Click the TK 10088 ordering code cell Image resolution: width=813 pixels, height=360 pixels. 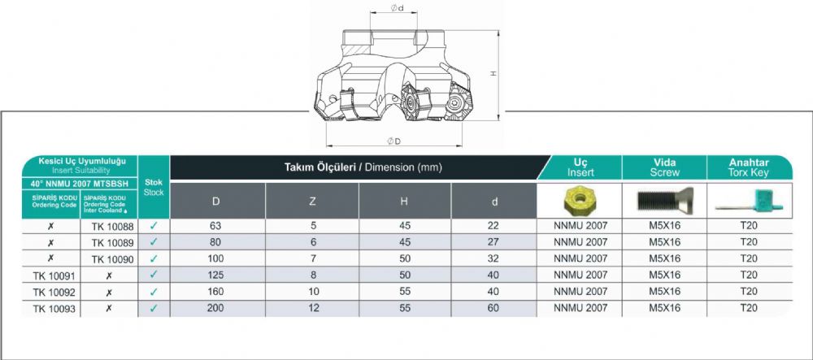tap(112, 227)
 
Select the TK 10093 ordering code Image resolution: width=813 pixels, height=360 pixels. tap(54, 310)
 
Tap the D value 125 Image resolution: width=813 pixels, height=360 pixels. tap(215, 275)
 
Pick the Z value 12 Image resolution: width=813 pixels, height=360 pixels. tap(313, 308)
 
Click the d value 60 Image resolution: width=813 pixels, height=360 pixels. tap(493, 308)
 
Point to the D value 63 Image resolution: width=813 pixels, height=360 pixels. tap(215, 226)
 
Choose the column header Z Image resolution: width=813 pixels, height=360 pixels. tap(312, 202)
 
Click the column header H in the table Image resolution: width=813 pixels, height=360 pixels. tap(404, 202)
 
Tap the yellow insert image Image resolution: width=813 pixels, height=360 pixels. tap(580, 200)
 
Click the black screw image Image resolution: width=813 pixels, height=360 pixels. tap(665, 199)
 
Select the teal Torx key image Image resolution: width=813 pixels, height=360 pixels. tap(750, 201)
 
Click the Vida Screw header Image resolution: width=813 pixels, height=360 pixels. tap(665, 167)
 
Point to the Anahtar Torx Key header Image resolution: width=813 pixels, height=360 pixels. tap(749, 167)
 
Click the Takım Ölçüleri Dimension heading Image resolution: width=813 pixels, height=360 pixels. tap(363, 167)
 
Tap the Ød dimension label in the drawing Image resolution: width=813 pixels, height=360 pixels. tap(398, 8)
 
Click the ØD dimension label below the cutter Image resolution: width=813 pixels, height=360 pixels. tap(394, 141)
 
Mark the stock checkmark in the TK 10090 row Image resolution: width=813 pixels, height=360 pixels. tap(154, 258)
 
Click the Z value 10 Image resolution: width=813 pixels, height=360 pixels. tap(313, 292)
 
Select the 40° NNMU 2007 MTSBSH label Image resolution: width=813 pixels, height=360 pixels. tap(80, 184)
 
